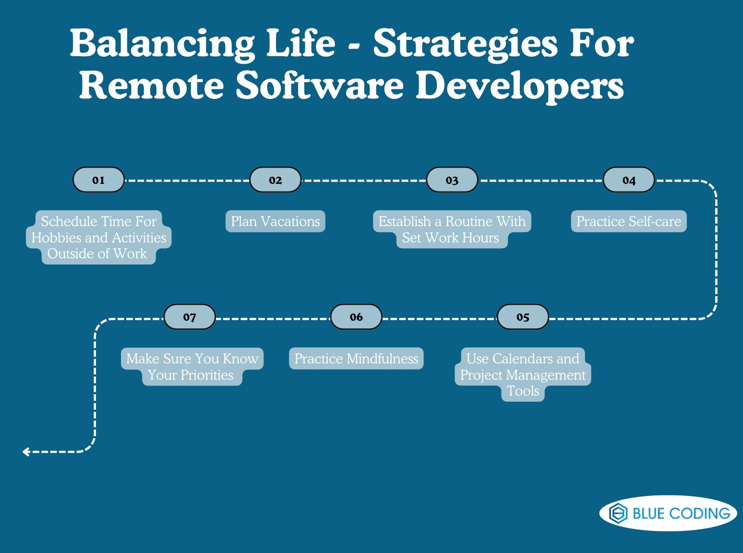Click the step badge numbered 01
pos(98,180)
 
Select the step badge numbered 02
pos(276,180)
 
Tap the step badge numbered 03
pos(452,180)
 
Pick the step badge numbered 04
pos(629,180)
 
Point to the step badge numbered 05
pos(523,317)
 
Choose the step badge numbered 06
pos(356,317)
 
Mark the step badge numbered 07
pos(190,317)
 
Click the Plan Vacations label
pos(276,221)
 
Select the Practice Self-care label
pos(629,221)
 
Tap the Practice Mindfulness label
pos(356,359)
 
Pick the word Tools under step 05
pos(523,391)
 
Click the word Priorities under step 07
pos(207,375)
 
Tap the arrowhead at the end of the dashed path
pos(25,452)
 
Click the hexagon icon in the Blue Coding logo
pos(618,513)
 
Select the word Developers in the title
pos(519,86)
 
